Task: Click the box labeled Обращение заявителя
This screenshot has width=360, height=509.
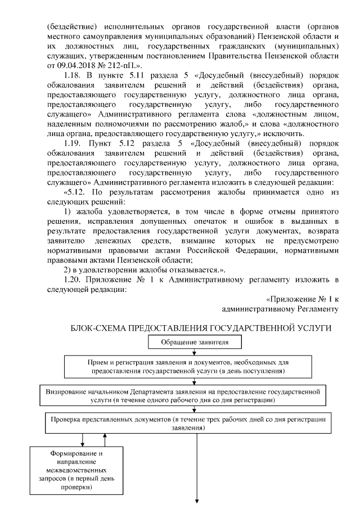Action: tap(194, 341)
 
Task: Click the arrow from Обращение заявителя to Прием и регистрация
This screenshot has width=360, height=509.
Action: tap(194, 352)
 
